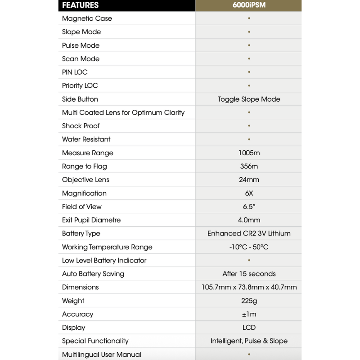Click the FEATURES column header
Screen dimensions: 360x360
pyautogui.click(x=80, y=5)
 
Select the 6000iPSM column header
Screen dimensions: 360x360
pyautogui.click(x=249, y=5)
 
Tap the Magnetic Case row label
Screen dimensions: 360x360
pyautogui.click(x=87, y=18)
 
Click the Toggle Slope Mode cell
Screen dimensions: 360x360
pyautogui.click(x=249, y=99)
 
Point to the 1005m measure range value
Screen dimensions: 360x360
pyautogui.click(x=249, y=153)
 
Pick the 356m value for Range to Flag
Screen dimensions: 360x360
pyautogui.click(x=249, y=166)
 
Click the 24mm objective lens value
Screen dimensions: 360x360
pyautogui.click(x=249, y=180)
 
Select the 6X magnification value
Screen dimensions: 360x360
pyautogui.click(x=249, y=193)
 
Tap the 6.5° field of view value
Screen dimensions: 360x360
pyautogui.click(x=249, y=207)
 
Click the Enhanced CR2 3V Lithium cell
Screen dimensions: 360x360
pyautogui.click(x=249, y=234)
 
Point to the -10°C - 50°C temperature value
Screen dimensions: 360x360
pyautogui.click(x=249, y=247)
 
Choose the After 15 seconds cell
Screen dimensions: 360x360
pyautogui.click(x=249, y=274)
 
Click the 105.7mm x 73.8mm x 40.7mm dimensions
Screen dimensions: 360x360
pyautogui.click(x=249, y=287)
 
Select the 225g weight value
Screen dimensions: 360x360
pyautogui.click(x=249, y=301)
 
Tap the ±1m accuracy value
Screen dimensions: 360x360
pyautogui.click(x=249, y=314)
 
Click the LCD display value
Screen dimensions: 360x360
pyautogui.click(x=249, y=328)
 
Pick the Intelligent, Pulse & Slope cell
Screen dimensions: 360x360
pyautogui.click(x=249, y=341)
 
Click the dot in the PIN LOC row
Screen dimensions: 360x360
pyautogui.click(x=249, y=72)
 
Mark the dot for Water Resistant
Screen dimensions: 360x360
pyautogui.click(x=249, y=139)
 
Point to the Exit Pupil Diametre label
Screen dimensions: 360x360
pyautogui.click(x=91, y=220)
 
